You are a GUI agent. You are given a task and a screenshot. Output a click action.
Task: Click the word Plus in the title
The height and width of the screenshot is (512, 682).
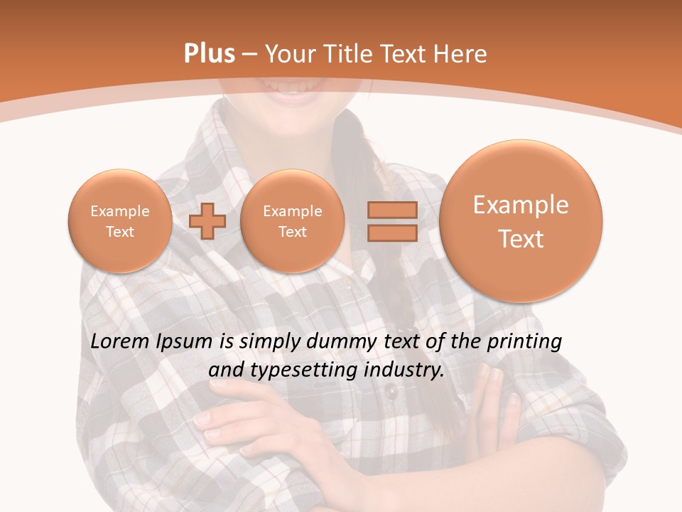pyautogui.click(x=209, y=54)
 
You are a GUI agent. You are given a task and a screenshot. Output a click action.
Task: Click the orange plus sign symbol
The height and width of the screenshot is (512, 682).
pyautogui.click(x=207, y=221)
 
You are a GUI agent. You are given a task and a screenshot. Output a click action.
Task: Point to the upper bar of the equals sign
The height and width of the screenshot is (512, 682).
pyautogui.click(x=391, y=210)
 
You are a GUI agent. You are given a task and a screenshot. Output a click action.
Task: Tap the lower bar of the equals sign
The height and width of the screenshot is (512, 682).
pyautogui.click(x=391, y=234)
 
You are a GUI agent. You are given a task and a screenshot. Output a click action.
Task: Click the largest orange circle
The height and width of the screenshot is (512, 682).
pyautogui.click(x=521, y=220)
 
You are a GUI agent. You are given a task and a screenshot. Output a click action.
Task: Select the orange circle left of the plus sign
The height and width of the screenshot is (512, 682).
pyautogui.click(x=119, y=221)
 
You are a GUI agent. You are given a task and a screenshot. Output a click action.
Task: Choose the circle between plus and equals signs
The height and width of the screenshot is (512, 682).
pyautogui.click(x=292, y=221)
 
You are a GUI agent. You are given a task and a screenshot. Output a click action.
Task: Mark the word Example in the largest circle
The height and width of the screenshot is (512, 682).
pyautogui.click(x=521, y=205)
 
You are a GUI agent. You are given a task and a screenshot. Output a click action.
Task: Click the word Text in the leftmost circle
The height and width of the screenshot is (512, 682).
pyautogui.click(x=119, y=232)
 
